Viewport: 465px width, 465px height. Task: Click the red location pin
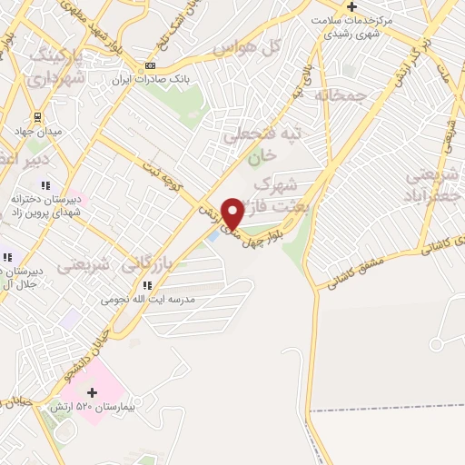click(x=232, y=213)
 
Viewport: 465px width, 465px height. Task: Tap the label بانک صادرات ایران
click(x=151, y=80)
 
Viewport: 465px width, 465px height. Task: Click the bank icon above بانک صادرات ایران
click(x=151, y=65)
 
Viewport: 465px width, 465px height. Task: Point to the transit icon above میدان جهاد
click(x=37, y=117)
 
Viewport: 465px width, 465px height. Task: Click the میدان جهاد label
click(x=36, y=133)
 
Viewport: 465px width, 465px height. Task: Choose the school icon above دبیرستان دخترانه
click(x=45, y=185)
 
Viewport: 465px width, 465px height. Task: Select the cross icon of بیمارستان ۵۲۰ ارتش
click(x=92, y=392)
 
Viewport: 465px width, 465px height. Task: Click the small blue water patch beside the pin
click(x=213, y=235)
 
